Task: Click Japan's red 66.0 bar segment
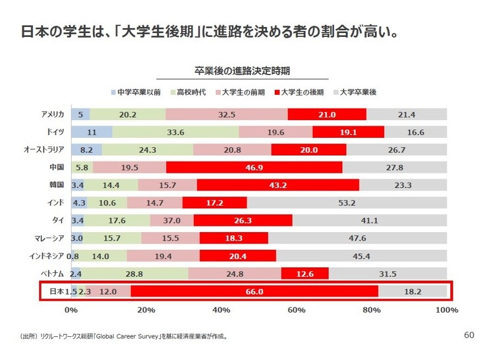point(254,291)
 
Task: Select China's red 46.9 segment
point(254,167)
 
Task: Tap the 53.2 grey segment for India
point(347,202)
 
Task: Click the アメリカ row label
point(52,115)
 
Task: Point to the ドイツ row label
point(55,132)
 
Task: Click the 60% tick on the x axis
point(297,310)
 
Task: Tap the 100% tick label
point(446,310)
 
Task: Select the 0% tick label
point(71,310)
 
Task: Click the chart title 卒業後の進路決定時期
point(242,70)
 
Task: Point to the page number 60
point(469,335)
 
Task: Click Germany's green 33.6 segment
point(175,132)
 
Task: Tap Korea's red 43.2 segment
point(277,185)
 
